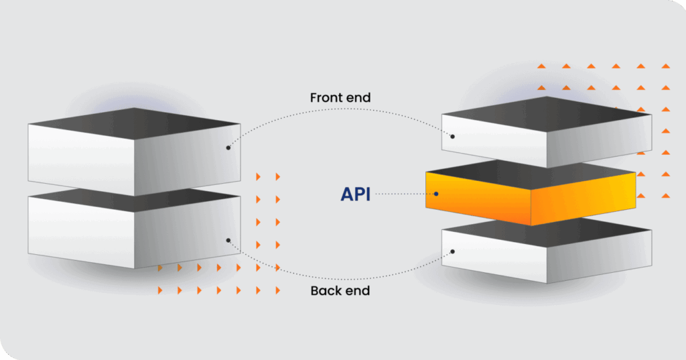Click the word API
355,194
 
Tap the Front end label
340,98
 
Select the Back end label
340,291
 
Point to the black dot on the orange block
436,194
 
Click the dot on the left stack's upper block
228,147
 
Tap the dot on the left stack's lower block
228,240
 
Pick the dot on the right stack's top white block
453,137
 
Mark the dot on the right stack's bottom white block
453,252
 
